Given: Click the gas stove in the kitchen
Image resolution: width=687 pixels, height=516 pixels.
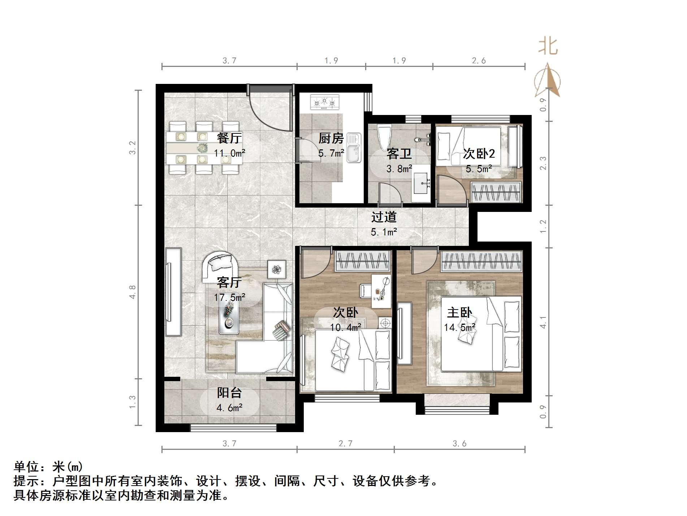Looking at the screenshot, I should pos(324,102).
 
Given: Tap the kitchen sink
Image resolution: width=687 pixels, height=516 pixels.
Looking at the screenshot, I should pos(354,148).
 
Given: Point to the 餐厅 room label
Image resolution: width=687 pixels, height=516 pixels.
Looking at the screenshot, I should pos(229,138).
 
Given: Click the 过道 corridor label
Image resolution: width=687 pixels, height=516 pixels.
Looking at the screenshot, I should pos(384,217).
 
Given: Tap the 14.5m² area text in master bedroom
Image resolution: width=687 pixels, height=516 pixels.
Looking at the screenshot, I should pos(459,328).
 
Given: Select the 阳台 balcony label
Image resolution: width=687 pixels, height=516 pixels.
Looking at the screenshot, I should pos(229,393).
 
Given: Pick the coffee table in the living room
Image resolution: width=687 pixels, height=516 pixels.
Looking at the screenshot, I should pos(229,317).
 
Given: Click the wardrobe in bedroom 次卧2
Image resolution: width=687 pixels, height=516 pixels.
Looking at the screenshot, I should pos(496,192).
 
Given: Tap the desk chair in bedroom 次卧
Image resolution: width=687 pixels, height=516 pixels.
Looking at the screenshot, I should pos(365,290).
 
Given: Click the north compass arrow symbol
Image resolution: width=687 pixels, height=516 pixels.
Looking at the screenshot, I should pos(548,80).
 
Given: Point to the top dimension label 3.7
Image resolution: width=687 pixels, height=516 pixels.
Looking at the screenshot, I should pos(229,60).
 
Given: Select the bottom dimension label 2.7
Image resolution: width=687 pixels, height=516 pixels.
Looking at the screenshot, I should pos(345,443).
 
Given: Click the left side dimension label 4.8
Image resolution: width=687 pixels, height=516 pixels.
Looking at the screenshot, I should pos(133,292).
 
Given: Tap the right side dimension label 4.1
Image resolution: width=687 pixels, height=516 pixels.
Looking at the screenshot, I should pos(543,322).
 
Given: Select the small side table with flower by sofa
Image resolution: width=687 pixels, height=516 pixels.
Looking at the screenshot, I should pos(277,269).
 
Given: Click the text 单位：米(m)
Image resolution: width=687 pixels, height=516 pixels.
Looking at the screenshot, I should pos(48,467).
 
